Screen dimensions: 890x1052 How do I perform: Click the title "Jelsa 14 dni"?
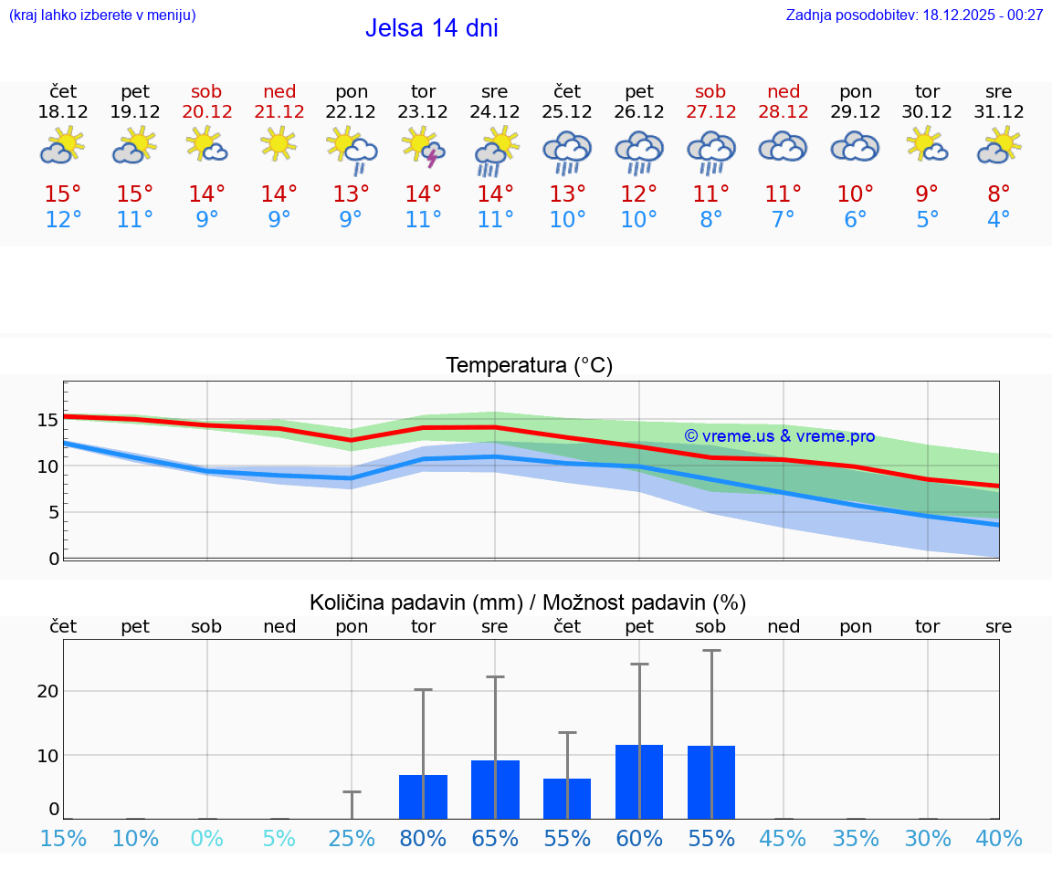pyautogui.click(x=431, y=28)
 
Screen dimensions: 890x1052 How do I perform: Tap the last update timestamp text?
pyautogui.click(x=914, y=15)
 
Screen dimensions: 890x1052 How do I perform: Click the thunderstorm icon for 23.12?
pyautogui.click(x=423, y=147)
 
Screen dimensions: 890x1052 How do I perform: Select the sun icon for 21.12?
pyautogui.click(x=279, y=143)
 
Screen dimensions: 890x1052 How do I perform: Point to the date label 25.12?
pyautogui.click(x=567, y=112)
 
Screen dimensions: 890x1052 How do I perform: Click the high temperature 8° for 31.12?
pyautogui.click(x=998, y=194)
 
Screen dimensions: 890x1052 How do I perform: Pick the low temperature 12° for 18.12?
pyautogui.click(x=63, y=220)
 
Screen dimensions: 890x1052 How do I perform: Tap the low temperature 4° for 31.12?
pyautogui.click(x=998, y=220)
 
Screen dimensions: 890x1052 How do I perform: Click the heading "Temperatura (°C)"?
pyautogui.click(x=529, y=366)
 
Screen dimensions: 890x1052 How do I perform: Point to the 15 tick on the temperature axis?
pyautogui.click(x=47, y=421)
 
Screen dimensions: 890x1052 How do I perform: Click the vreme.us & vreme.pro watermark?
pyautogui.click(x=779, y=436)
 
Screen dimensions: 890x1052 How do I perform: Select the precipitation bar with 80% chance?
pyautogui.click(x=423, y=797)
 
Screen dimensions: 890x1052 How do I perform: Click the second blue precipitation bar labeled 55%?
pyautogui.click(x=711, y=782)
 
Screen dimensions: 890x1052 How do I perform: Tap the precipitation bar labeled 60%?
pyautogui.click(x=639, y=781)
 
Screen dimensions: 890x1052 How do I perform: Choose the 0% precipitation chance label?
pyautogui.click(x=207, y=838)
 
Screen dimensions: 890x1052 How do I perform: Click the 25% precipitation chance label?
pyautogui.click(x=352, y=838)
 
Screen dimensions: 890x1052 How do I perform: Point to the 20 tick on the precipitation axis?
pyautogui.click(x=47, y=691)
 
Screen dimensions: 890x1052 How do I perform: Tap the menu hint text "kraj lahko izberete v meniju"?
pyautogui.click(x=102, y=15)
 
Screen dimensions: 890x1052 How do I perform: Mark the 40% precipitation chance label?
pyautogui.click(x=998, y=838)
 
